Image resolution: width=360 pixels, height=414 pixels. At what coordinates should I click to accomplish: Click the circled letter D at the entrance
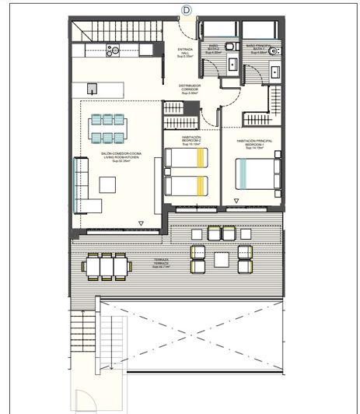(x=185, y=9)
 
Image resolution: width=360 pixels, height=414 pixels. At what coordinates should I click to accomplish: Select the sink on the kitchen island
(x=92, y=88)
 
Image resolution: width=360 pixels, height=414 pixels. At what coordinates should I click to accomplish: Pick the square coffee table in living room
(x=107, y=184)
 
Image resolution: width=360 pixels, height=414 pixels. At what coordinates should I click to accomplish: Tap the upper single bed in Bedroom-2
(x=187, y=158)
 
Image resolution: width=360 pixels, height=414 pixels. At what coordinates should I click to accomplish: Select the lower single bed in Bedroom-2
(x=187, y=185)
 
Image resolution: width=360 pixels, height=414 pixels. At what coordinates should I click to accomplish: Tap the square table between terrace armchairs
(x=222, y=258)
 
